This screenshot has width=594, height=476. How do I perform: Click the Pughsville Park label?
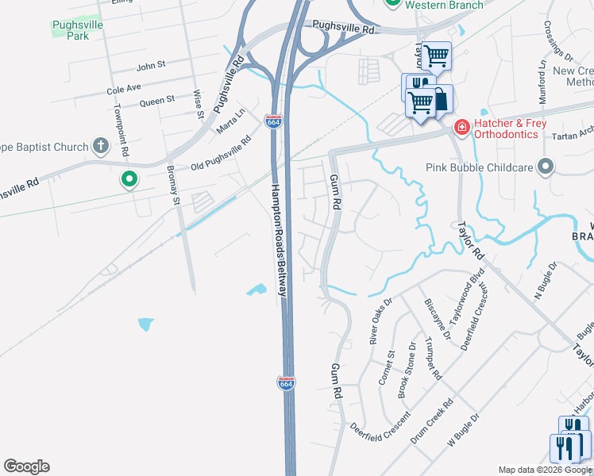point(67,29)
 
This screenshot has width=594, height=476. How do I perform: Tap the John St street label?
point(150,65)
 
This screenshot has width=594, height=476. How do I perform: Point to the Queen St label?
point(156,101)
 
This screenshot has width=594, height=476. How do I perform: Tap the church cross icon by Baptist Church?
point(100,145)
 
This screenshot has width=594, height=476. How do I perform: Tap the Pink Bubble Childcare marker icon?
point(545,167)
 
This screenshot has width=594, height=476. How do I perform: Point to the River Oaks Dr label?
point(381,321)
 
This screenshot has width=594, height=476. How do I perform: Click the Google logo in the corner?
point(26,466)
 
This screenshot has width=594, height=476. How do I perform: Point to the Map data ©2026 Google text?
point(545,470)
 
